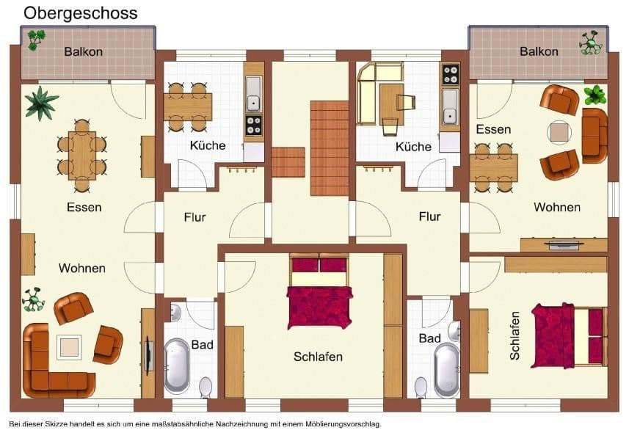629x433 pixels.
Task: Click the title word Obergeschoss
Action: pos(80,13)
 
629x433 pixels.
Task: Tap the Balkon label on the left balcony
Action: pos(83,51)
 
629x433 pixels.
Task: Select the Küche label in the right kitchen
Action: pos(413,147)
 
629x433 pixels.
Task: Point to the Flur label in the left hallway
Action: pos(194,217)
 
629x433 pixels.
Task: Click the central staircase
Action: pos(328,148)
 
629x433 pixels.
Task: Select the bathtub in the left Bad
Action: pos(177,365)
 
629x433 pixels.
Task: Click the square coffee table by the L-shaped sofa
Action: pos(70,346)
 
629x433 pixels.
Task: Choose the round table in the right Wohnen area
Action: pos(560,132)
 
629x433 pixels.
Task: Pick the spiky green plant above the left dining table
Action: pos(41,102)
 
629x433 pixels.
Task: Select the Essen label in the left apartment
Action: pos(84,207)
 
